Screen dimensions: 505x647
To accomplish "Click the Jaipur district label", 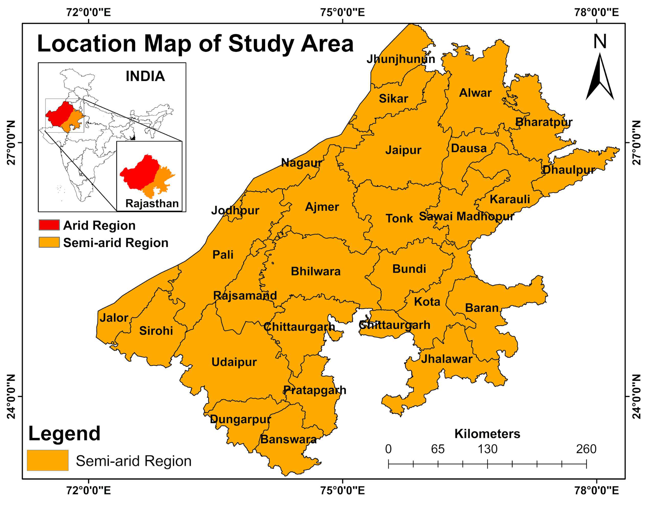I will [x=403, y=150].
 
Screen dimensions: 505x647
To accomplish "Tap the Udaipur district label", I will [x=234, y=362].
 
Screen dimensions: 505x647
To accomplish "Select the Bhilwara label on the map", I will [x=316, y=271].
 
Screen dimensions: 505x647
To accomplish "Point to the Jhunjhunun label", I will [x=401, y=59].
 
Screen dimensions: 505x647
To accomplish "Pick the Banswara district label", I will [x=289, y=439].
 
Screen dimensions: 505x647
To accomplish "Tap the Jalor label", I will [x=114, y=318].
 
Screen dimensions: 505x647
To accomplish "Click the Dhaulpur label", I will [x=569, y=170].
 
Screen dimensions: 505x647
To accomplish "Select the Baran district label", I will [x=482, y=308].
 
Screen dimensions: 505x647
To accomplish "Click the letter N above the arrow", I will [x=600, y=42].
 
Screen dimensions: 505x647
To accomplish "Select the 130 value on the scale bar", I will [x=487, y=449].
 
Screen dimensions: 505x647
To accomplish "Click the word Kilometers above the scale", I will [x=487, y=434].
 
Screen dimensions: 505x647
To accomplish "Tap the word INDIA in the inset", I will [x=145, y=77].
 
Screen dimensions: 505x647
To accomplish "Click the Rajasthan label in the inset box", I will [x=152, y=203].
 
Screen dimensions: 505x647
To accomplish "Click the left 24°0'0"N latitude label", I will [x=11, y=397].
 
